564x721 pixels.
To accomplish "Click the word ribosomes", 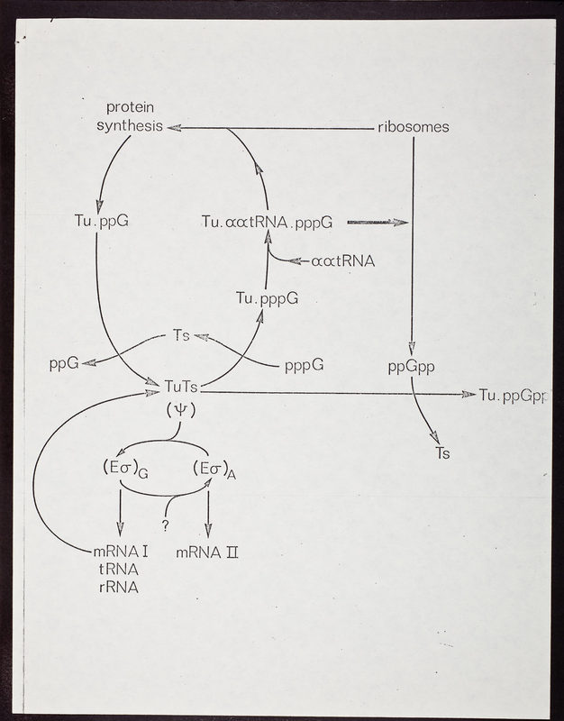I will [x=413, y=127].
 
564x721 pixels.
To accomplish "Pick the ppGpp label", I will [x=411, y=368].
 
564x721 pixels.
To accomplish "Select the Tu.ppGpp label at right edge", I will [x=514, y=395].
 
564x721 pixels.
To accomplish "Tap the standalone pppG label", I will [x=304, y=365].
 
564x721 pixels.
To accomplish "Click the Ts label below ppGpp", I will [x=441, y=454].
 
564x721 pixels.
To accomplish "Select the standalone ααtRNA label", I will [x=341, y=261].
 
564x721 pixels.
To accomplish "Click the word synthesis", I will [x=129, y=126].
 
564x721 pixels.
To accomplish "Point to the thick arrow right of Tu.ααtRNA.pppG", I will [x=377, y=222].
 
